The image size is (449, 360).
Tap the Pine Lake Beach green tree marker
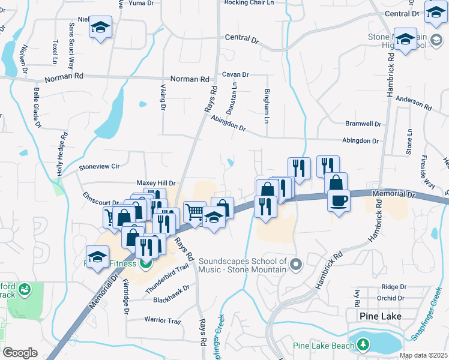[363, 344]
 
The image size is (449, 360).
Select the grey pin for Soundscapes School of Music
[294, 264]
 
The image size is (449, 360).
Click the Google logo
[20, 353]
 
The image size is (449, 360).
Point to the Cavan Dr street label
[235, 74]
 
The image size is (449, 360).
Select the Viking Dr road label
[162, 97]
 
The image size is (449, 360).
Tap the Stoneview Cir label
[100, 166]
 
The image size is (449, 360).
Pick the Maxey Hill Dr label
[155, 183]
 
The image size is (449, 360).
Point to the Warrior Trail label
[163, 321]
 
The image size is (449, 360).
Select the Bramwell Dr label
[363, 124]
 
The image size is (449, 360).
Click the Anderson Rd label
[414, 103]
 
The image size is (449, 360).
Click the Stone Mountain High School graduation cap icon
[405, 39]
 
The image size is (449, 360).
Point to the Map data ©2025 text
[423, 355]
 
